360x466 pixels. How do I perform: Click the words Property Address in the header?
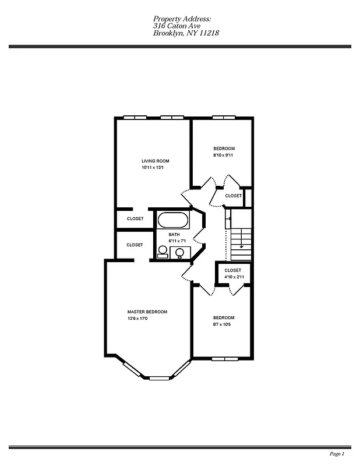point(182,19)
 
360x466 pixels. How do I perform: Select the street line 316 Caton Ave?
point(175,26)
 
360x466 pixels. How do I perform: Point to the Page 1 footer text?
point(337,453)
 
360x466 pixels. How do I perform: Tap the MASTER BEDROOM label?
point(147,312)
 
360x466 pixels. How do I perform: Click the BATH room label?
point(174,234)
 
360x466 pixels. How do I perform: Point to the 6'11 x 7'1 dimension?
point(177,241)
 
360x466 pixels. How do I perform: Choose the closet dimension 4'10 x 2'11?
point(234,277)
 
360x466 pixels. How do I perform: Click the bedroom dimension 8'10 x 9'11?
point(223,155)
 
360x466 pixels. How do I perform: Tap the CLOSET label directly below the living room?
point(135,218)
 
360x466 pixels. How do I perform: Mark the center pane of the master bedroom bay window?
point(158,378)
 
